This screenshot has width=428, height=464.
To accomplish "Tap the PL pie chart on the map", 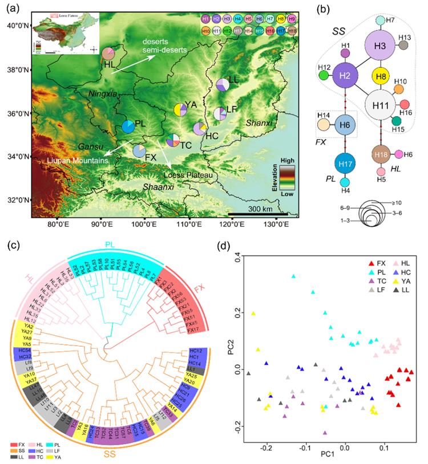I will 130,127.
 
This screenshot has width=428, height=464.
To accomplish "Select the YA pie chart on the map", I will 181,110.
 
